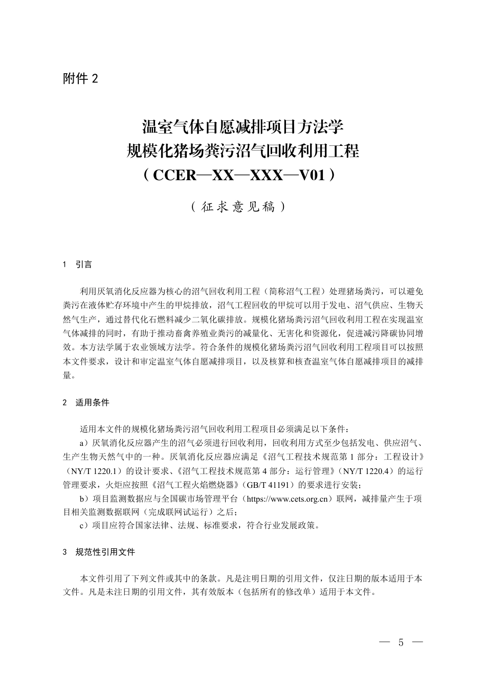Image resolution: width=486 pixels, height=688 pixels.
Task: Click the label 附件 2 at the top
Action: coord(80,78)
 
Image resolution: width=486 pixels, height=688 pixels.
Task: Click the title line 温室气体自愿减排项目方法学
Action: coord(242,126)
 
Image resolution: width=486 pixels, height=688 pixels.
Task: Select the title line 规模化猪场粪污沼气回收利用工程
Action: coord(242,151)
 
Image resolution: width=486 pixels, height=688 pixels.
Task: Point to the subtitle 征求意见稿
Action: coord(239,207)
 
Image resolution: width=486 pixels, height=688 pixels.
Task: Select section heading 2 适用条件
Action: coord(86,402)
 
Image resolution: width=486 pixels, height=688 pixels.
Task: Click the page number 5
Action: coord(401,642)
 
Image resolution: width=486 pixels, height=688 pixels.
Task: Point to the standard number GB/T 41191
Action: coord(269,484)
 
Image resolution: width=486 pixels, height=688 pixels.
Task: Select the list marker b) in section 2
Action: coord(85,499)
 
